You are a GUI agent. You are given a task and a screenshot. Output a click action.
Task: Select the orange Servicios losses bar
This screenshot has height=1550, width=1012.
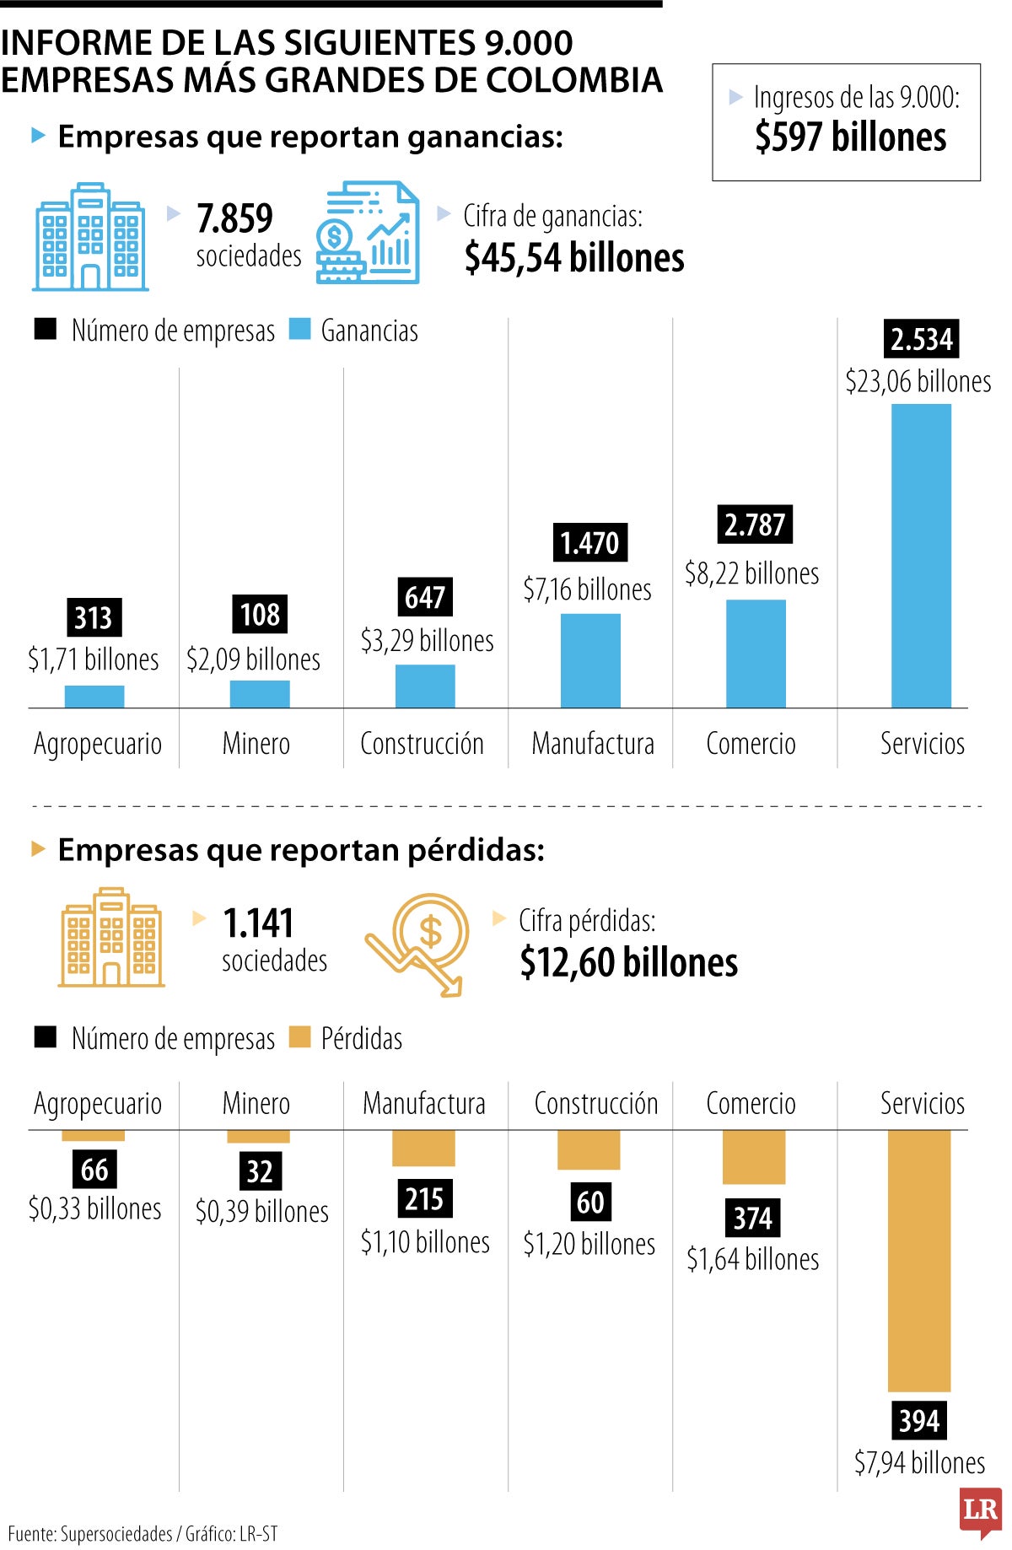click(x=919, y=1260)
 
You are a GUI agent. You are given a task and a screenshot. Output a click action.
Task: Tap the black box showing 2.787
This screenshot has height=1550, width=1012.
click(x=754, y=525)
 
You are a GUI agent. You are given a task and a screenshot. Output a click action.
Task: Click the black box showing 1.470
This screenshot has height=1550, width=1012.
click(x=589, y=542)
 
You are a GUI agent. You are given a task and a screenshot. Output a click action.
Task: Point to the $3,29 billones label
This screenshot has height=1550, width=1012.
click(x=427, y=641)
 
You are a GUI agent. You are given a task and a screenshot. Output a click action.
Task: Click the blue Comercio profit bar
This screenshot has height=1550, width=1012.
click(x=756, y=653)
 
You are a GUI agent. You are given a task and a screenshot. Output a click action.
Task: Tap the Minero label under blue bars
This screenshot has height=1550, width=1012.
click(x=256, y=744)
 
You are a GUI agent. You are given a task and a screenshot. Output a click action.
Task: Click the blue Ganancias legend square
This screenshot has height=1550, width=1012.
click(x=299, y=329)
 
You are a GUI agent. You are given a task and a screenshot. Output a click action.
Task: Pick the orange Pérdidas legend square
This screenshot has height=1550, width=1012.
click(x=299, y=1036)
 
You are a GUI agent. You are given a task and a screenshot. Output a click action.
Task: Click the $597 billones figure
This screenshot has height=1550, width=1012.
click(x=850, y=137)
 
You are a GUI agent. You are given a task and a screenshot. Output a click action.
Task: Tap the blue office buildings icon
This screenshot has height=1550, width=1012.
click(x=90, y=237)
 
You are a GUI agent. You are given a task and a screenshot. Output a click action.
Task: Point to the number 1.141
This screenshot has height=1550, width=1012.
click(x=258, y=923)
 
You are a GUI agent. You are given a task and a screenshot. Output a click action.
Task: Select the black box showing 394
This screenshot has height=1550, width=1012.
click(x=918, y=1421)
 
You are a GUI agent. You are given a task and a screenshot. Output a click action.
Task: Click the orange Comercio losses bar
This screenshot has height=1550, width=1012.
click(x=754, y=1156)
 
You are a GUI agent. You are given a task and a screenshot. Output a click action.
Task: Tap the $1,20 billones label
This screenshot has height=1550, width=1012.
click(x=589, y=1244)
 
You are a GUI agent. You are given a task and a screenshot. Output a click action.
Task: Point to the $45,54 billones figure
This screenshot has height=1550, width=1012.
click(x=573, y=257)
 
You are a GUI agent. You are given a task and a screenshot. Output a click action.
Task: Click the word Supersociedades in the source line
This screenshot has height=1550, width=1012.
click(x=116, y=1534)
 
